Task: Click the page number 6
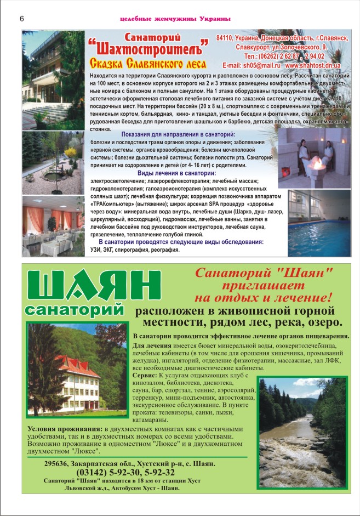21,19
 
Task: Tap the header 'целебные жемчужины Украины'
175,19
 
